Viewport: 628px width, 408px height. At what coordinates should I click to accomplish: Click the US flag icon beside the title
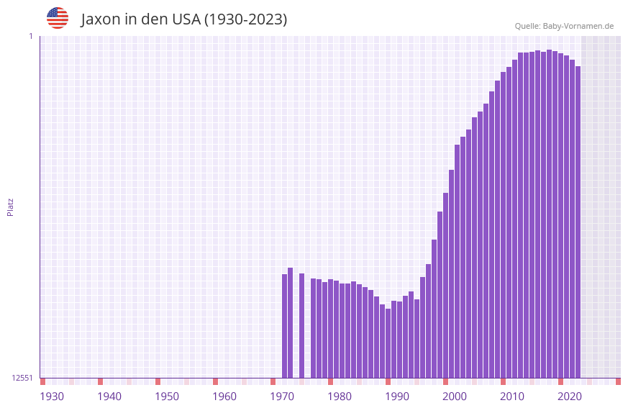58,18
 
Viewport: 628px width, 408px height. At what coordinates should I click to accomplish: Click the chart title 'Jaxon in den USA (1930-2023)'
183,19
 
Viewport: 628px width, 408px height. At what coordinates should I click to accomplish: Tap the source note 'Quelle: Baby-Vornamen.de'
564,26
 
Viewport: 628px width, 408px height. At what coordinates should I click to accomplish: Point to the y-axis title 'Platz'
10,207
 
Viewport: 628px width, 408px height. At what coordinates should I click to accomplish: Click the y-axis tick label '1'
30,36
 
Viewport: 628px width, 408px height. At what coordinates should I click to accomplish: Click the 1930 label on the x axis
52,396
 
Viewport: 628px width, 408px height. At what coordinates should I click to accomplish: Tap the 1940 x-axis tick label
109,396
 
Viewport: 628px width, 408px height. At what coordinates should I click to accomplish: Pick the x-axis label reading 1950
167,396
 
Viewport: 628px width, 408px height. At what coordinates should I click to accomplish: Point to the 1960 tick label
224,396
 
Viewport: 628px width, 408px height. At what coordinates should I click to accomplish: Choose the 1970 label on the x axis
282,396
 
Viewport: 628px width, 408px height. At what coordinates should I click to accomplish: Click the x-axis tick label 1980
340,396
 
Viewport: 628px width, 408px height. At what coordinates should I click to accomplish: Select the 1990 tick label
397,396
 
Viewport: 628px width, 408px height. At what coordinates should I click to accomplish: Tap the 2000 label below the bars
455,396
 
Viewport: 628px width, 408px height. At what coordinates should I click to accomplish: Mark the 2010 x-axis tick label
512,396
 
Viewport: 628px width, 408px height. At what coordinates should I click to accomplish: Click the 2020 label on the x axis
570,396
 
